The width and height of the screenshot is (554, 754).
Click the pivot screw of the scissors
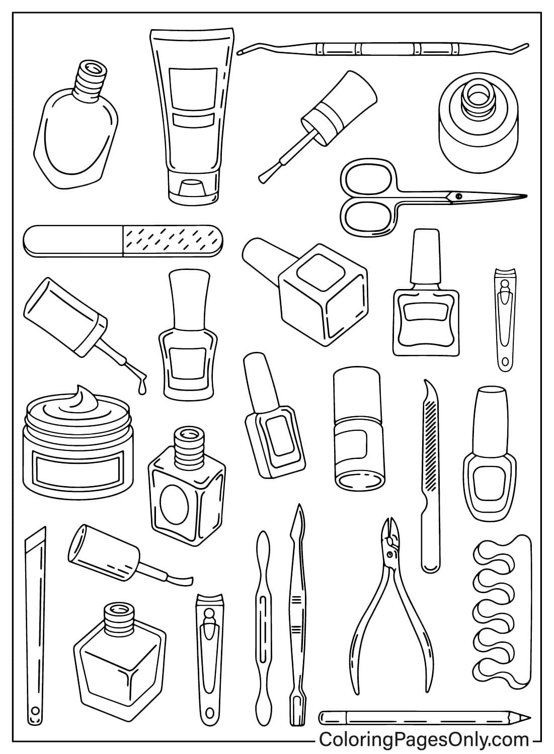457,195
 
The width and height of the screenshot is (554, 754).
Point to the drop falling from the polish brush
142,389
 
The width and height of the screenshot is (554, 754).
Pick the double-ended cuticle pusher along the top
382,49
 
